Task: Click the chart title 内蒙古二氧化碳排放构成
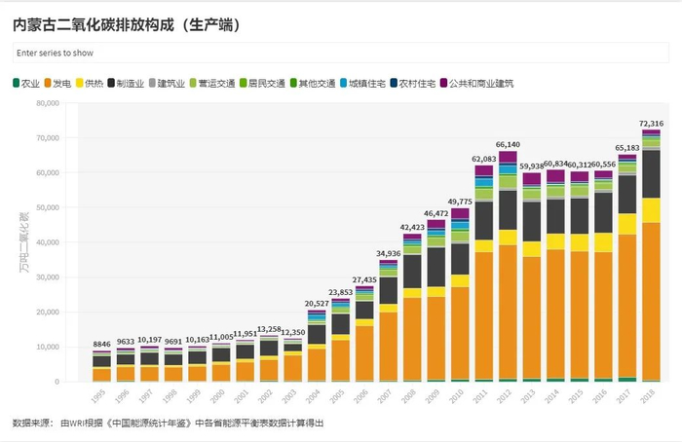point(128,21)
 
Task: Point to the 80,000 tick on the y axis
point(45,103)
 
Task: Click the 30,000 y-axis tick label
point(45,277)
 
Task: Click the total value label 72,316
point(651,124)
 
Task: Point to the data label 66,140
point(509,144)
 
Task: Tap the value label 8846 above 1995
point(101,345)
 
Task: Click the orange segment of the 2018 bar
point(651,302)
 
